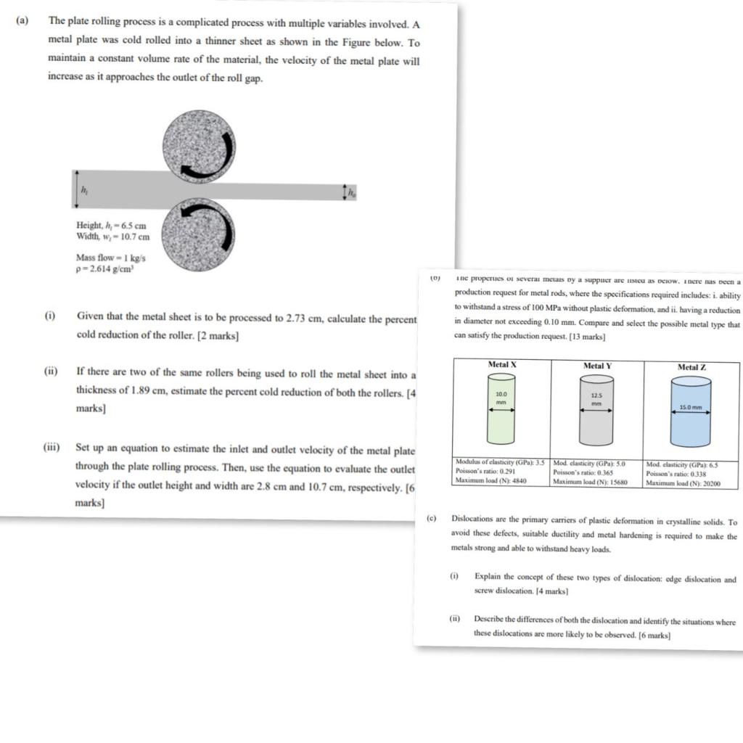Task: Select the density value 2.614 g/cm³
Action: click(x=109, y=269)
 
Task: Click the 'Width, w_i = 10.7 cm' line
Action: click(x=112, y=237)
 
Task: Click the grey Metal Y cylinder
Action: click(x=595, y=411)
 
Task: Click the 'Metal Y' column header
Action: click(x=597, y=366)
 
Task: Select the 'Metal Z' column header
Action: click(x=691, y=367)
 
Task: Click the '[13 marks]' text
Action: click(x=588, y=337)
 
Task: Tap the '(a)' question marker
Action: click(x=22, y=21)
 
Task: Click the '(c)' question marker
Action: click(x=432, y=520)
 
